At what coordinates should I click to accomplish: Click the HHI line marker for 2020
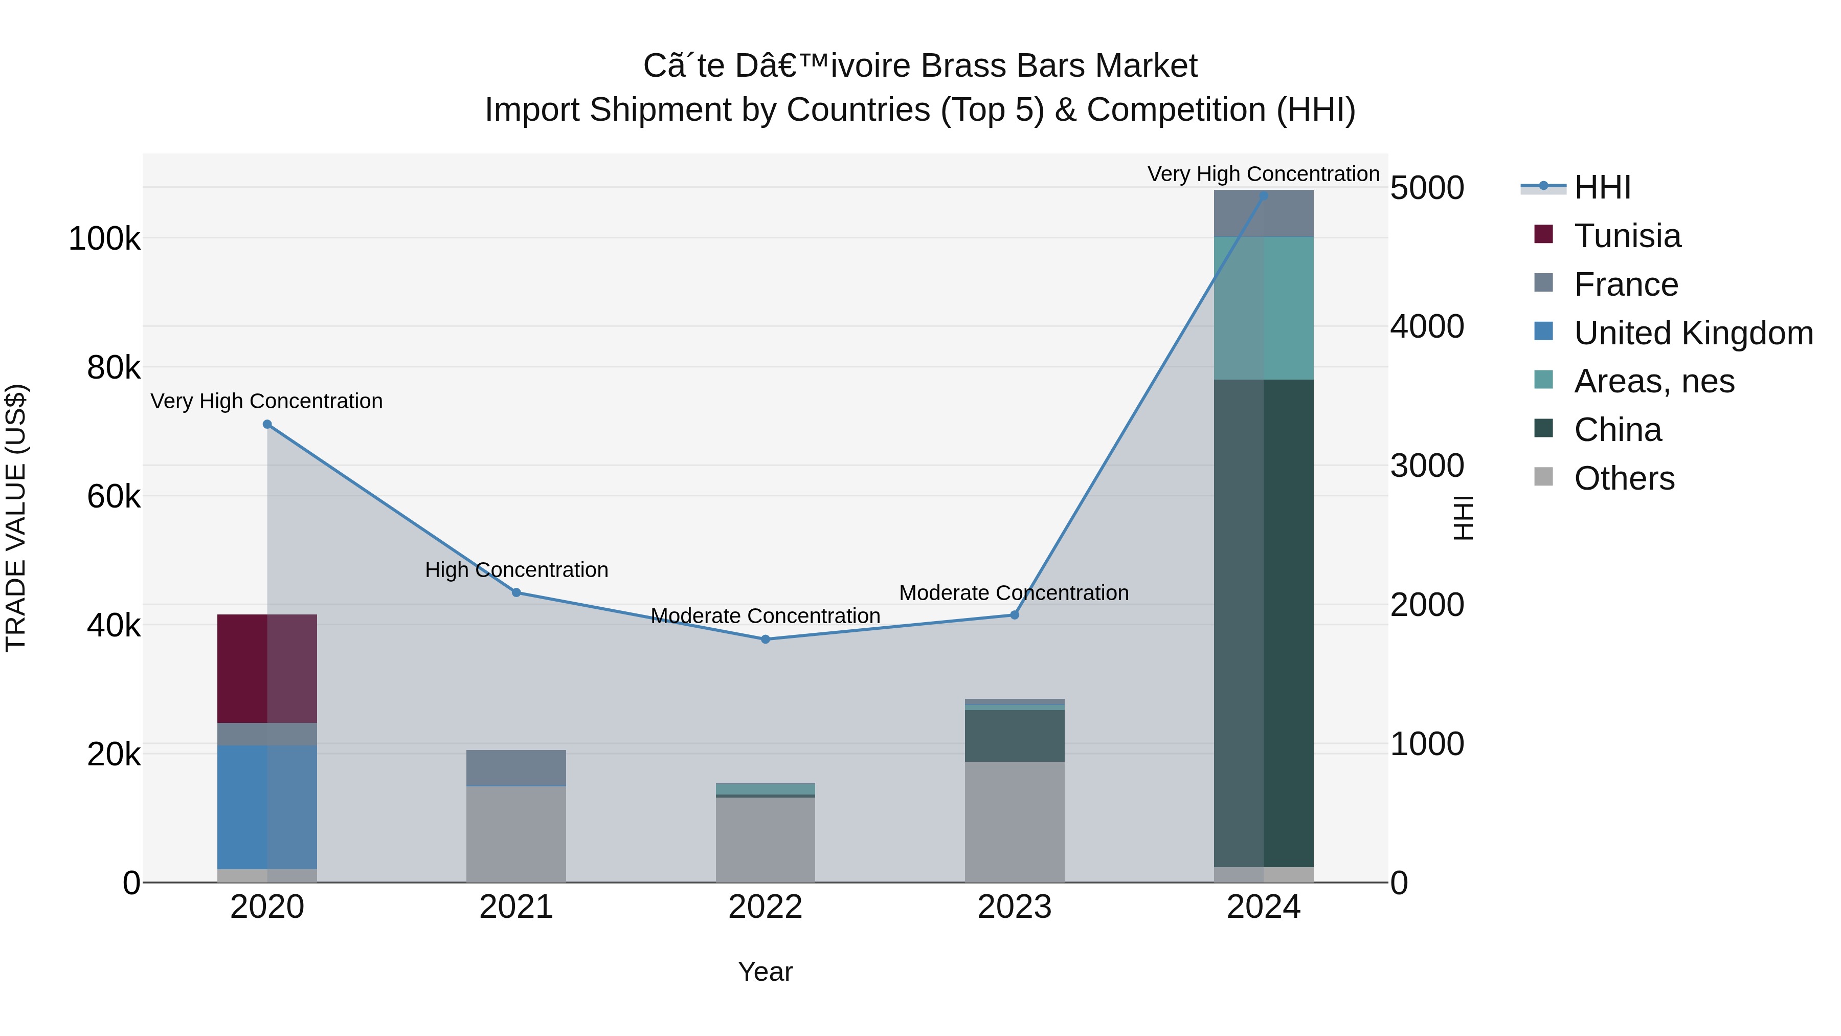click(267, 424)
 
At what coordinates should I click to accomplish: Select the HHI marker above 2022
click(766, 639)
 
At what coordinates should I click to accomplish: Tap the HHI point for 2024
click(1264, 195)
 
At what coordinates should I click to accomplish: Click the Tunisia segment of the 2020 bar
click(267, 669)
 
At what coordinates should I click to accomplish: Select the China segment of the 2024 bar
click(1264, 623)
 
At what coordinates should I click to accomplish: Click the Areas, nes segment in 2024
click(1264, 308)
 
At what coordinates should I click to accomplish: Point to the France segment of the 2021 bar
click(516, 768)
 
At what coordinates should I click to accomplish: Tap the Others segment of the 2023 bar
click(1014, 822)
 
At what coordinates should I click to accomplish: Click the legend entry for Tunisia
click(1627, 236)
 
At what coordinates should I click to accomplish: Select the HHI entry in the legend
click(1602, 187)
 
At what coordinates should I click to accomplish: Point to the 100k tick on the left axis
click(104, 239)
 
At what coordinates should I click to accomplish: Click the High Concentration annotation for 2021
click(516, 570)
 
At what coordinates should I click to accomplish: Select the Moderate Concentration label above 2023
click(1014, 593)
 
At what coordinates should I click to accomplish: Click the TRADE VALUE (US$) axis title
click(16, 518)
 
